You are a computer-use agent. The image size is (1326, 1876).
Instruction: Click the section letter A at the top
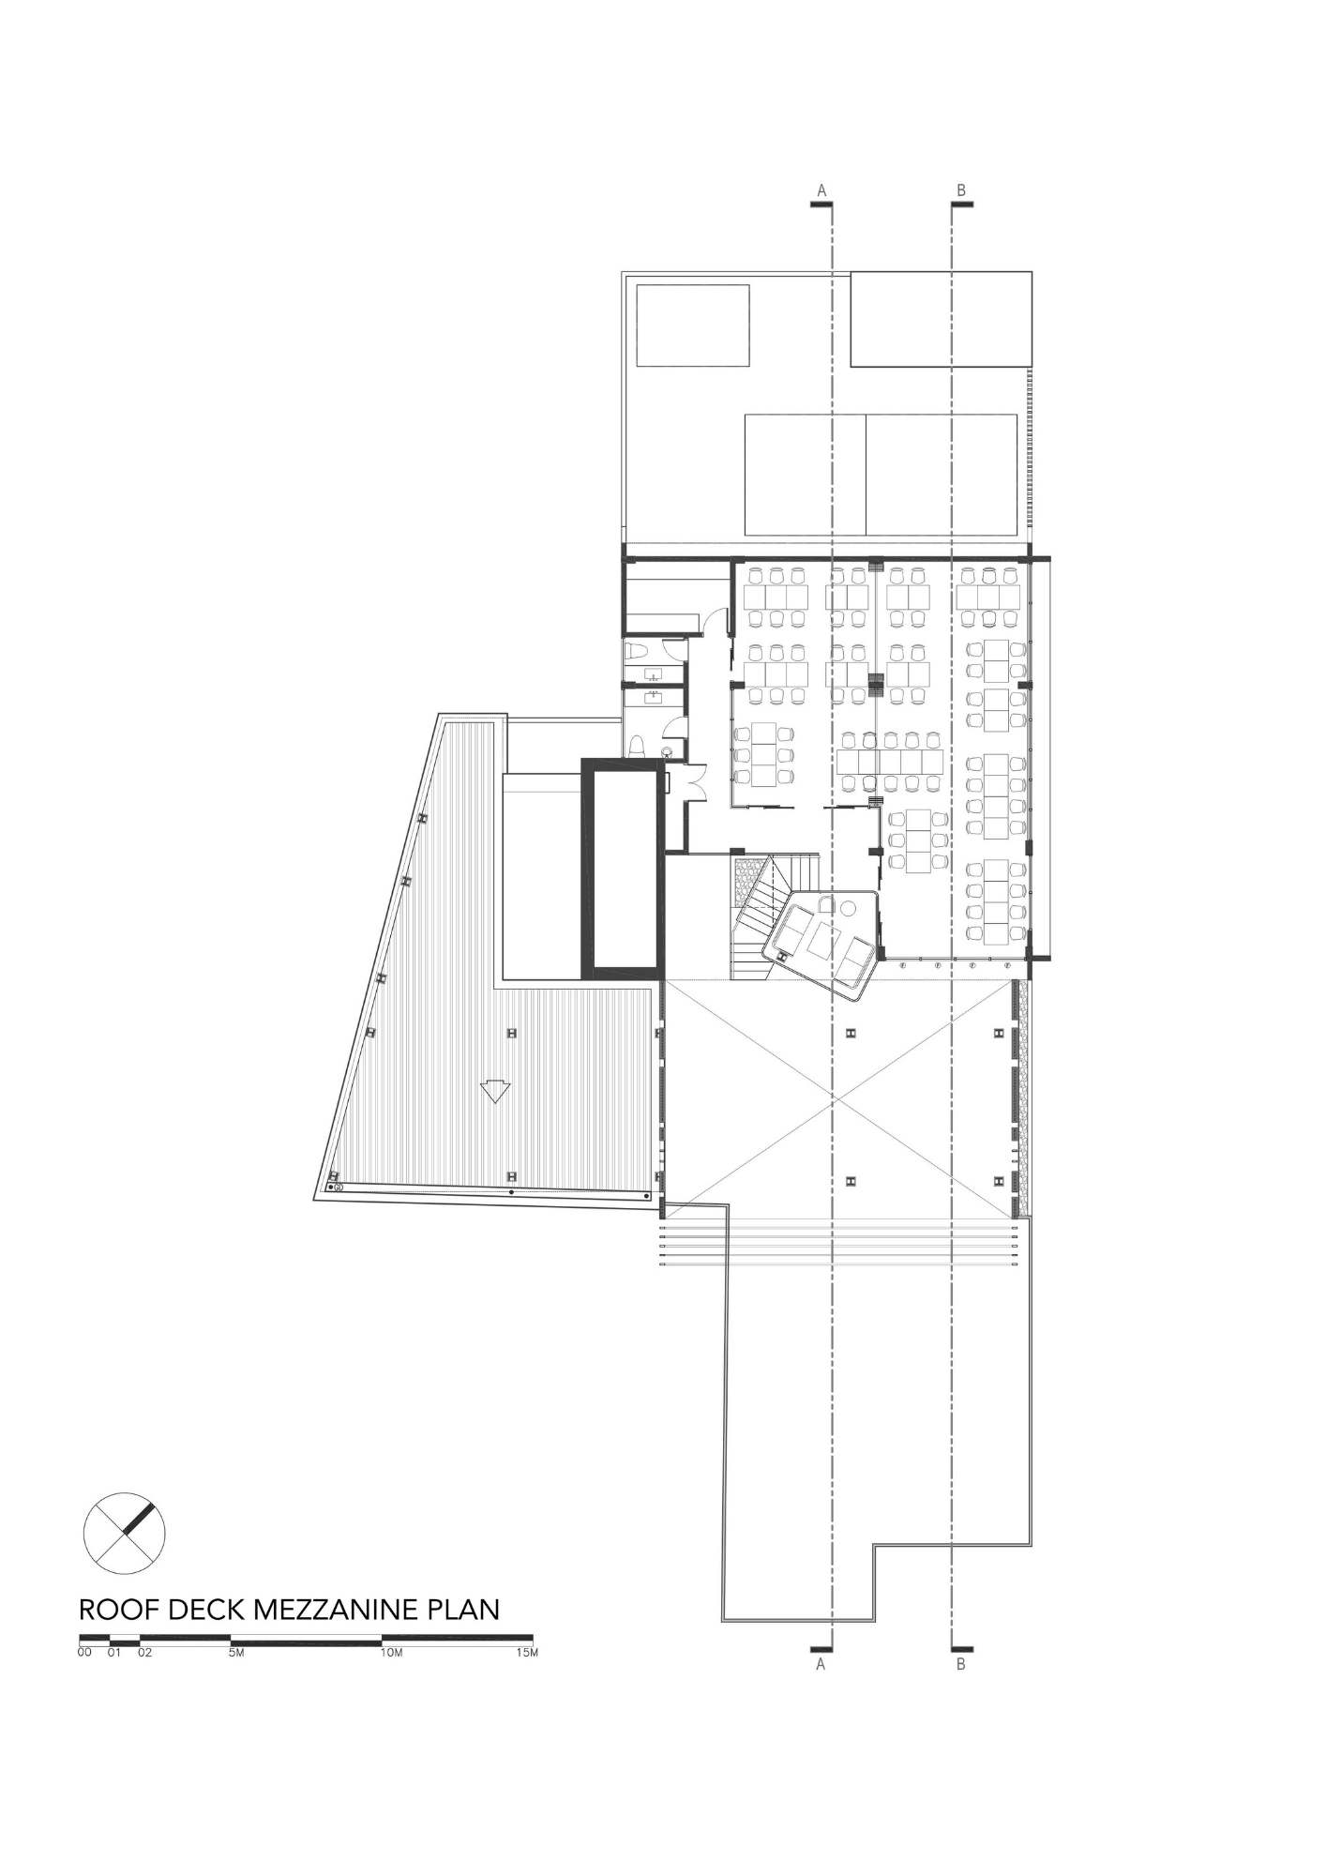coord(821,190)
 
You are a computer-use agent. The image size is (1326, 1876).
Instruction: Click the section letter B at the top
coord(961,190)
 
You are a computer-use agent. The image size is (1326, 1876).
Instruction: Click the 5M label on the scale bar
coord(235,1654)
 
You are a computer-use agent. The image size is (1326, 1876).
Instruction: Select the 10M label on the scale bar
coord(391,1654)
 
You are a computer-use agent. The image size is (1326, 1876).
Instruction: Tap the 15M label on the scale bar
coord(528,1654)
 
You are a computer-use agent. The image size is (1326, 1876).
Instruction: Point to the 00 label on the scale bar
coord(85,1654)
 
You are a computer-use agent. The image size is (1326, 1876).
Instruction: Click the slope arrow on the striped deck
coord(493,1092)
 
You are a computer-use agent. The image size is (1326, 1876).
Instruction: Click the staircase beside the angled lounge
coord(763,915)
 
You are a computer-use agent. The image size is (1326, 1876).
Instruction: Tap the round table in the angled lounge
coord(848,908)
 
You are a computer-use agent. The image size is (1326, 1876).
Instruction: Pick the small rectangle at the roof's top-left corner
coord(693,325)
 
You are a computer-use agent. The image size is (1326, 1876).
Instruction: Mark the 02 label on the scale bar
coord(145,1654)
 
